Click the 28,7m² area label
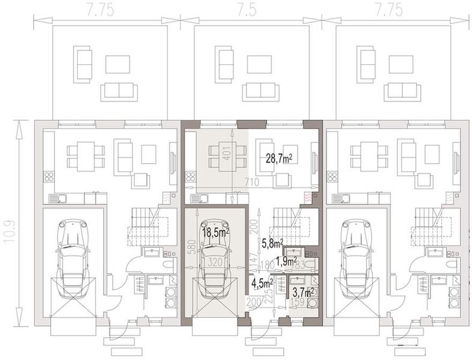[x=279, y=158]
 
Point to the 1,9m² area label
[x=285, y=261]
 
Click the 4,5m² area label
[x=262, y=283]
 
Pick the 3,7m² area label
[x=303, y=292]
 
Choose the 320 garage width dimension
[x=214, y=262]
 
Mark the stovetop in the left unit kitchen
[x=48, y=177]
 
